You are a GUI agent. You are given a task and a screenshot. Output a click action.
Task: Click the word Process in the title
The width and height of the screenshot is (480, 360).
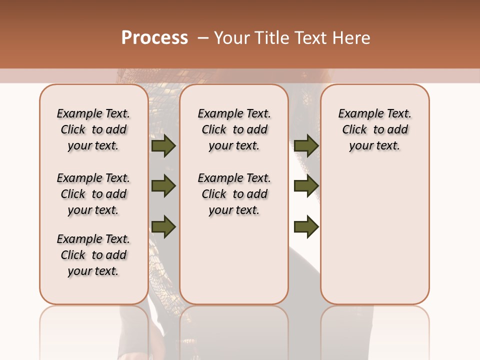[154, 38]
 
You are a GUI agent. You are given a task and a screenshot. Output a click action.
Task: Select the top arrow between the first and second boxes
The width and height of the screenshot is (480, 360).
[163, 145]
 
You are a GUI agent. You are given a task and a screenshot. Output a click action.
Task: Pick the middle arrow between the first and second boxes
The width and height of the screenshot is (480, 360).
[163, 186]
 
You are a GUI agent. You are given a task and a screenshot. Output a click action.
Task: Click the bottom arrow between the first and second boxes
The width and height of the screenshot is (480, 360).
[163, 227]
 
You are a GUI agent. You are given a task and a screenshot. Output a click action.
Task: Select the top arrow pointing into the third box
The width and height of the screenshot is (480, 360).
[306, 145]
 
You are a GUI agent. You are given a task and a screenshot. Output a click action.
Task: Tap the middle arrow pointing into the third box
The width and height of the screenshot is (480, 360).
[306, 186]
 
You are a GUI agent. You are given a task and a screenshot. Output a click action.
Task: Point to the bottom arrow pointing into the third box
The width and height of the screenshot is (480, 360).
[306, 227]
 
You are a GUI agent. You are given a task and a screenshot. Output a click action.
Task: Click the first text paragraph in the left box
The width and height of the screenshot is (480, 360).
[93, 129]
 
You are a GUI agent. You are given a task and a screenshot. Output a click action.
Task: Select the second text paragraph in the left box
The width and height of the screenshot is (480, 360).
[93, 194]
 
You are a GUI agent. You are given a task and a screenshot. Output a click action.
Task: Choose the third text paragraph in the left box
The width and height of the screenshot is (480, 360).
[93, 255]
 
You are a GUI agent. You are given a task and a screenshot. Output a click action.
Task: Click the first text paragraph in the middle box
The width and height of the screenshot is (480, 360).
[234, 129]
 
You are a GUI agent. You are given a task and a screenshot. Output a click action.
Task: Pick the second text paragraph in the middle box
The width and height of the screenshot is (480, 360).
[234, 194]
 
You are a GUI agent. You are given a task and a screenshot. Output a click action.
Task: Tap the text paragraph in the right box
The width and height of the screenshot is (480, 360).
[374, 129]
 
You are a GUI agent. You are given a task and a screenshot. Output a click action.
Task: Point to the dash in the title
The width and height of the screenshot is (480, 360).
[202, 38]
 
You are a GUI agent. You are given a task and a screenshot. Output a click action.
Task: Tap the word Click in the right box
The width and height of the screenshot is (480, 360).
[354, 130]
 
